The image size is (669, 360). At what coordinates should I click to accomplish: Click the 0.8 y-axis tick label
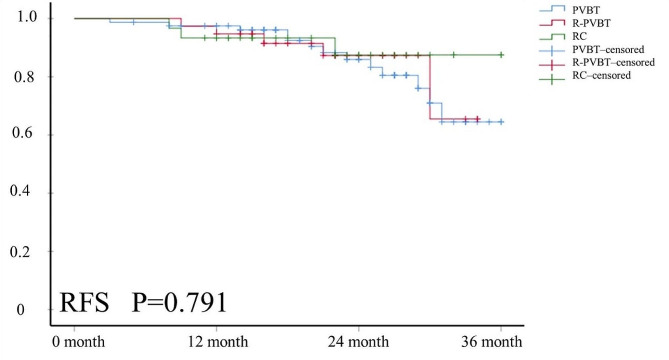click(28, 76)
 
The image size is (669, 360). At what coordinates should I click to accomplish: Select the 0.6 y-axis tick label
click(28, 134)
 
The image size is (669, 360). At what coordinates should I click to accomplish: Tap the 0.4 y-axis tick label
click(28, 192)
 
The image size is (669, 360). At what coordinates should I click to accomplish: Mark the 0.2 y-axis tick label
click(28, 250)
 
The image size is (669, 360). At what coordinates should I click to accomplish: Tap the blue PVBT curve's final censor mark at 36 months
click(500, 121)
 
